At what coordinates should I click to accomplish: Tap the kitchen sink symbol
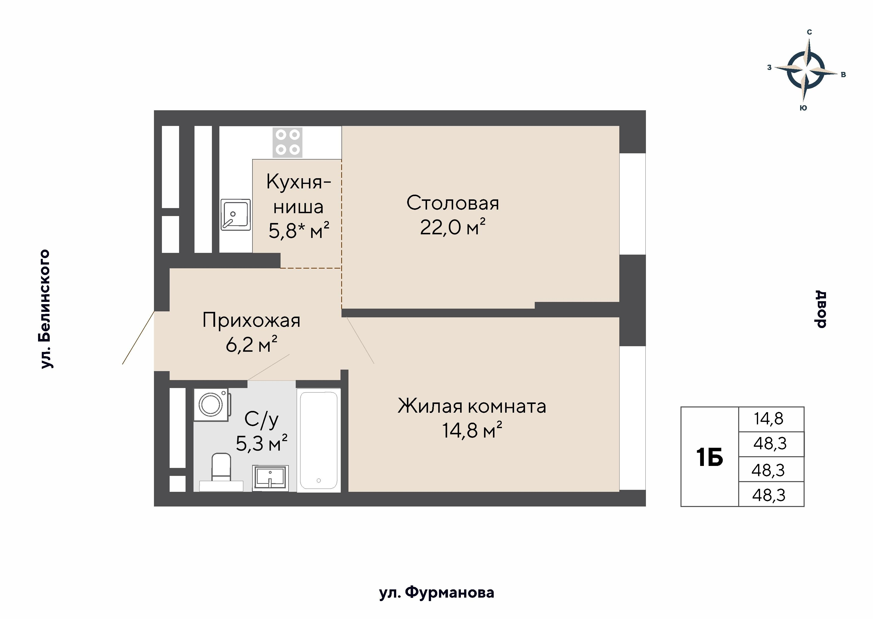235,215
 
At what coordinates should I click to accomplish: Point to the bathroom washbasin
270,478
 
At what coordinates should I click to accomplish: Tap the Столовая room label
452,203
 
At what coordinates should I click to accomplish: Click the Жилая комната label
472,406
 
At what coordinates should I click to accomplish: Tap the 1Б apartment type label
709,457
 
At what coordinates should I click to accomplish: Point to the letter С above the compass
809,32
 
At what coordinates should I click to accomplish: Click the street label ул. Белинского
45,309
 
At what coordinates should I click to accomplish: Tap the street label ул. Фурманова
436,593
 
